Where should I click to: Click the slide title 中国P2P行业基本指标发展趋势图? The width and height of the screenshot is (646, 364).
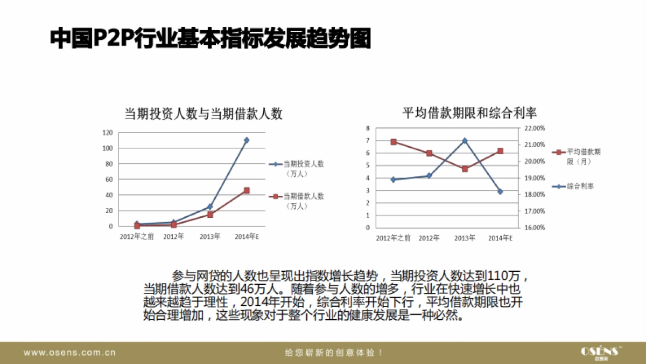[x=210, y=39]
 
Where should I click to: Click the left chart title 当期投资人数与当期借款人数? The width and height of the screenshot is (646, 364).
[x=203, y=113]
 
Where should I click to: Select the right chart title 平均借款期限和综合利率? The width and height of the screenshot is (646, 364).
[x=469, y=113]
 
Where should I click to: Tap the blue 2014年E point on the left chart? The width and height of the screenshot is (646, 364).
[x=247, y=140]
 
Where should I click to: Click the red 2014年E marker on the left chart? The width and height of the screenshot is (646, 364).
[x=247, y=190]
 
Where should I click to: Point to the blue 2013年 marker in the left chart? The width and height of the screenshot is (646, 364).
[x=210, y=207]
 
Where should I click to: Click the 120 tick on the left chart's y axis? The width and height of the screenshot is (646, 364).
[x=108, y=133]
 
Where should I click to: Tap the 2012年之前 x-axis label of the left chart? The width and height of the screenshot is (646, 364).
[x=137, y=237]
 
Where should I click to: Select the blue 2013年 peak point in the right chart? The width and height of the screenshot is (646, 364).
[x=465, y=140]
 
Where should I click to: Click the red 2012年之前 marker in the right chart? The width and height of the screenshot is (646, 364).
[x=394, y=142]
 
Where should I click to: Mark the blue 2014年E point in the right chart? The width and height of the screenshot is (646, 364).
[x=500, y=191]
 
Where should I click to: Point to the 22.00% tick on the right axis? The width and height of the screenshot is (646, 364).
[x=534, y=128]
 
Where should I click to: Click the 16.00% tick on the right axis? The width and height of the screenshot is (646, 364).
[x=534, y=228]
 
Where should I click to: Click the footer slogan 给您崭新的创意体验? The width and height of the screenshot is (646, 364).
[x=334, y=353]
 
